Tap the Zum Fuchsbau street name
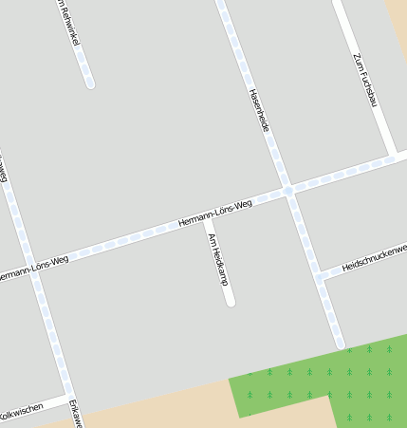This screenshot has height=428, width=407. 365,80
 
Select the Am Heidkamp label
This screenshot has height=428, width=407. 218,259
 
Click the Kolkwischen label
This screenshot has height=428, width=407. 21,412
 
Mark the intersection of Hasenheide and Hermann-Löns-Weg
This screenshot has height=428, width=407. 287,191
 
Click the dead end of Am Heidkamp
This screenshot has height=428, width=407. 230,302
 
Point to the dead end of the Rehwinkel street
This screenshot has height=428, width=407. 90,84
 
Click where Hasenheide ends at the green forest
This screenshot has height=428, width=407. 341,344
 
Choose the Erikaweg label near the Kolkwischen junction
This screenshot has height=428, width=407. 74,415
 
